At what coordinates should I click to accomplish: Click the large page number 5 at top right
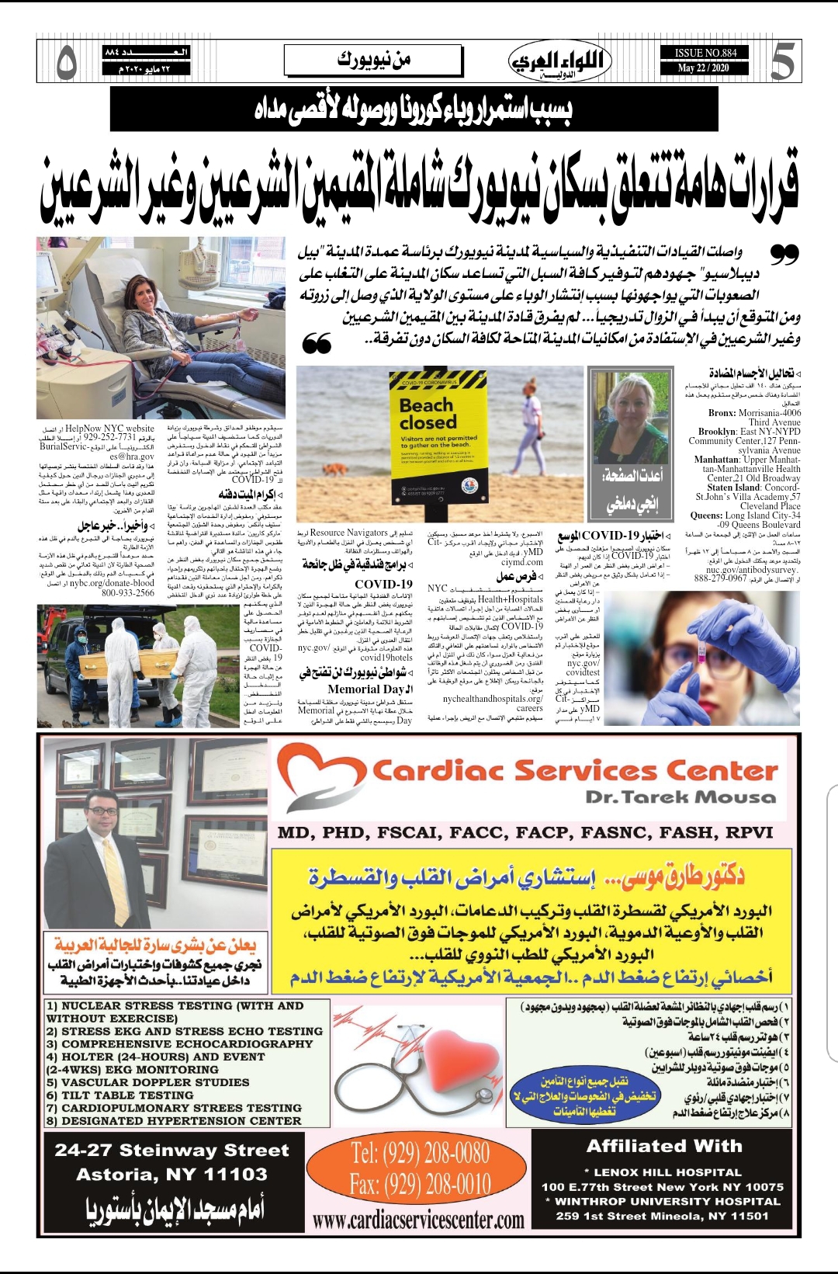(x=781, y=62)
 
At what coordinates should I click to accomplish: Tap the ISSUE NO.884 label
(x=705, y=53)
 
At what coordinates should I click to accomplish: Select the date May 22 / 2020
(x=703, y=68)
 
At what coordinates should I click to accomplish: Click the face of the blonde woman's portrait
(x=631, y=410)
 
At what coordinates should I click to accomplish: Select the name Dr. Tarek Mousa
(x=680, y=797)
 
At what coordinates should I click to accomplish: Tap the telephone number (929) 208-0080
(x=420, y=1152)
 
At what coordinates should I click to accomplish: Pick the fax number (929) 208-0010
(x=420, y=1185)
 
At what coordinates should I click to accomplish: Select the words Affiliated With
(x=664, y=1146)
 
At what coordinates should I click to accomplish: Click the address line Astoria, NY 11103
(x=171, y=1175)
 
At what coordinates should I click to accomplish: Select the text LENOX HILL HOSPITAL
(x=667, y=1172)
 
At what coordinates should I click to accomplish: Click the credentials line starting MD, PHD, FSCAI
(x=525, y=833)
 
